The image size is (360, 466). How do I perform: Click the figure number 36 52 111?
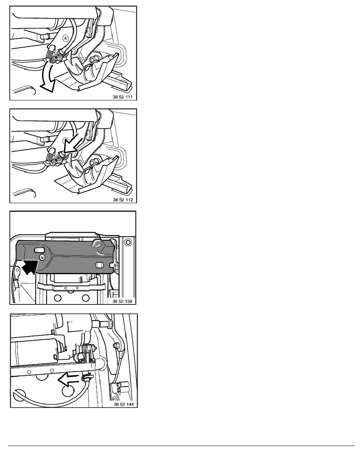[x=123, y=97]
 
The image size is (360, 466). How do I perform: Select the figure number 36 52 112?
[x=123, y=200]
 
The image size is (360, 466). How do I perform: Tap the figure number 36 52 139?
[x=122, y=301]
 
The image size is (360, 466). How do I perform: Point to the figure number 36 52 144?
[x=124, y=404]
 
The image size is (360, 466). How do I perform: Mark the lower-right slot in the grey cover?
[x=100, y=264]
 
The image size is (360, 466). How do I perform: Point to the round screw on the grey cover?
[x=42, y=257]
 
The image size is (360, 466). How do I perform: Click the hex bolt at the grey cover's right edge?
[x=115, y=267]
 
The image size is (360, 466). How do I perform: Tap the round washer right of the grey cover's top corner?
[x=128, y=242]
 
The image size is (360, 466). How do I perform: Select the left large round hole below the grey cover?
[x=58, y=297]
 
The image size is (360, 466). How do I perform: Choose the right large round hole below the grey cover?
[x=85, y=297]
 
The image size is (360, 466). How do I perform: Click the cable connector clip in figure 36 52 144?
[x=87, y=378]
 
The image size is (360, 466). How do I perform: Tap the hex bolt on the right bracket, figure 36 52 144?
[x=116, y=345]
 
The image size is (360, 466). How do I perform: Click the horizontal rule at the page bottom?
[x=182, y=446]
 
